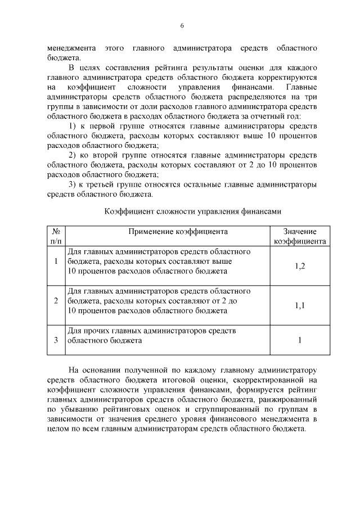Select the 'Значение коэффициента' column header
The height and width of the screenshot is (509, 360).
(300, 236)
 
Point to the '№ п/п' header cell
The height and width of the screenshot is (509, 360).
(56, 236)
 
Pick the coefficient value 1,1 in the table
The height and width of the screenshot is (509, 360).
(300, 305)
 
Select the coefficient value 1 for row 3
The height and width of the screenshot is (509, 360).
(300, 340)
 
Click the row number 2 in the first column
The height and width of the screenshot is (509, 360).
(56, 301)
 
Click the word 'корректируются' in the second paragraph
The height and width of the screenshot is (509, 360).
(290, 76)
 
